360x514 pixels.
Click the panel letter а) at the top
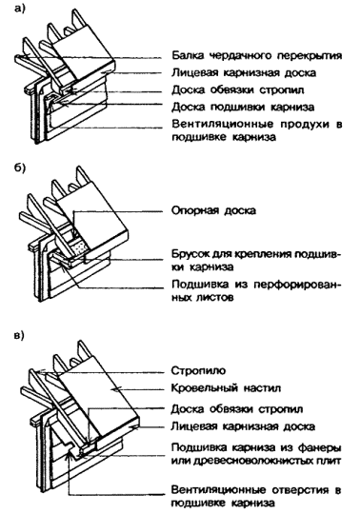point(20,9)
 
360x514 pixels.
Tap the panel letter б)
point(20,168)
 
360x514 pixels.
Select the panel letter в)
point(20,336)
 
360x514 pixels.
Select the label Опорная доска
point(213,210)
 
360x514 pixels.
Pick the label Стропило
point(199,371)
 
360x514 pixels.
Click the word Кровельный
point(204,388)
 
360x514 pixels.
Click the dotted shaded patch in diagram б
point(79,248)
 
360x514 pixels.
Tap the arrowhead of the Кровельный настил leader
point(113,388)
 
